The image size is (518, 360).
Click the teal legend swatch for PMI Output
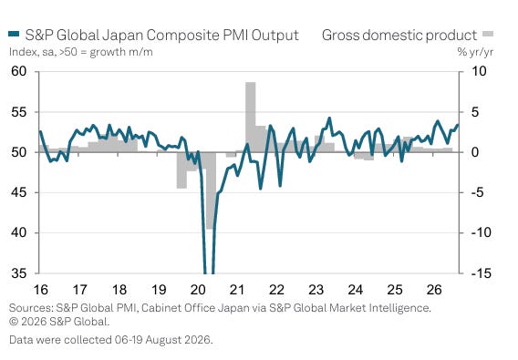(14, 34)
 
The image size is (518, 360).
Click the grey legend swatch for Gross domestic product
(488, 34)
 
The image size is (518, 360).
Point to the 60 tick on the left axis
(19, 71)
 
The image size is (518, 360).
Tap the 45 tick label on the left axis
(19, 192)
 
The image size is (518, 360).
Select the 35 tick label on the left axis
(19, 273)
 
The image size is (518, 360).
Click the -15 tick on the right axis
(478, 273)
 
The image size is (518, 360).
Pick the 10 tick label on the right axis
(479, 71)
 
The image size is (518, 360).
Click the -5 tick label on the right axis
(476, 192)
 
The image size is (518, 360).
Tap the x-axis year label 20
(198, 290)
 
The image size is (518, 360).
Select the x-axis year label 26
(434, 290)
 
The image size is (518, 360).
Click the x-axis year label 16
(41, 290)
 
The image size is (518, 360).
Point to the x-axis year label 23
(316, 290)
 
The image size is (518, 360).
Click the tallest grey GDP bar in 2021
(251, 118)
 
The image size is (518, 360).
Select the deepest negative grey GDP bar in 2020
(211, 190)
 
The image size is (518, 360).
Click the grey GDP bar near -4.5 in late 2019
(181, 170)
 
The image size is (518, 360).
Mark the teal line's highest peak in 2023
(329, 118)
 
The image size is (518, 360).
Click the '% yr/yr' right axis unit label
(475, 52)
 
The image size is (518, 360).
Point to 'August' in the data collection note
(162, 340)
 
